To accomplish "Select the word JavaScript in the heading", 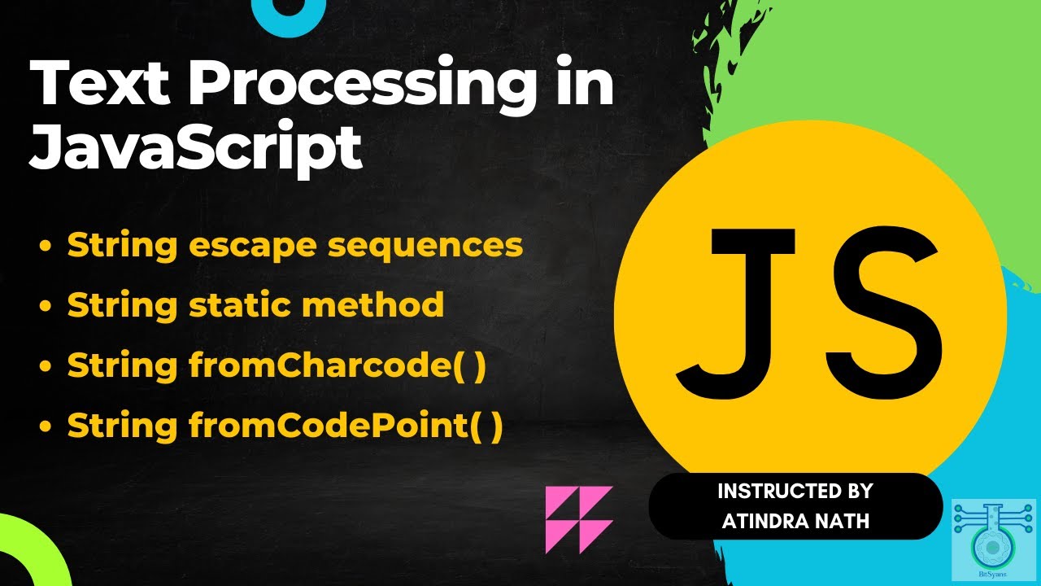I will (x=195, y=146).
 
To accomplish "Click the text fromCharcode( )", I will (x=337, y=365).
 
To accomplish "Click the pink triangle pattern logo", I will (x=578, y=519).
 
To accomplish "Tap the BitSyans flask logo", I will (x=993, y=528).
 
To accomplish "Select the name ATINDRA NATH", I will (x=795, y=520).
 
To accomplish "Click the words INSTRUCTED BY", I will (x=795, y=492).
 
